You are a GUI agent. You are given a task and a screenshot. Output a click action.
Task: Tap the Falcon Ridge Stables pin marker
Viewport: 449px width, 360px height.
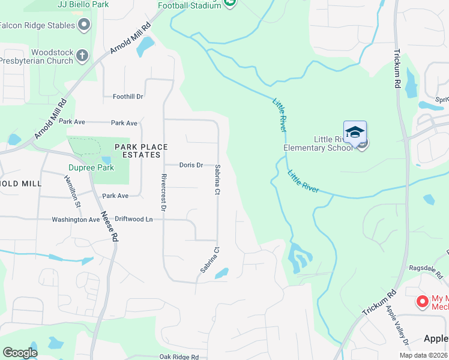coord(83,25)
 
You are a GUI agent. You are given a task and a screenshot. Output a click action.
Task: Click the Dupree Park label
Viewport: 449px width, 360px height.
coord(91,167)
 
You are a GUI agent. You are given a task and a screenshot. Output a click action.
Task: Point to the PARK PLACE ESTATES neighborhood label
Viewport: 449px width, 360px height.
coord(133,151)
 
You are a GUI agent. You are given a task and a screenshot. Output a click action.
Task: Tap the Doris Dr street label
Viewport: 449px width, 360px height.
coord(191,165)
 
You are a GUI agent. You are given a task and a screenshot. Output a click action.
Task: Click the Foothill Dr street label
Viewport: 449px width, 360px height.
coord(128,96)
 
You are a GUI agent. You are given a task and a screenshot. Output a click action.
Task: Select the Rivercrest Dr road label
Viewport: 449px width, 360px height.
coord(163,193)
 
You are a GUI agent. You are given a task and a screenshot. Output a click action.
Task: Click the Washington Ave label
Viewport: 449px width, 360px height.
coord(76,220)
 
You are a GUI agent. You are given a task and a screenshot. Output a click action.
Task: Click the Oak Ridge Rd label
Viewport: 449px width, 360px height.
coord(179,357)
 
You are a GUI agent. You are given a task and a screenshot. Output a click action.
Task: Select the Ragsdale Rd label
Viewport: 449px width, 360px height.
coord(424,268)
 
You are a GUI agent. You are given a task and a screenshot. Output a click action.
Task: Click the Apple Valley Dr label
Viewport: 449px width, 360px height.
coord(397,326)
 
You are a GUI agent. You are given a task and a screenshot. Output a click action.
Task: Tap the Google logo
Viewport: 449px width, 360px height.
coord(20,353)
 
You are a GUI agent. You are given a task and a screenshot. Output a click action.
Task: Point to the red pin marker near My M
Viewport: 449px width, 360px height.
coord(422,301)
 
